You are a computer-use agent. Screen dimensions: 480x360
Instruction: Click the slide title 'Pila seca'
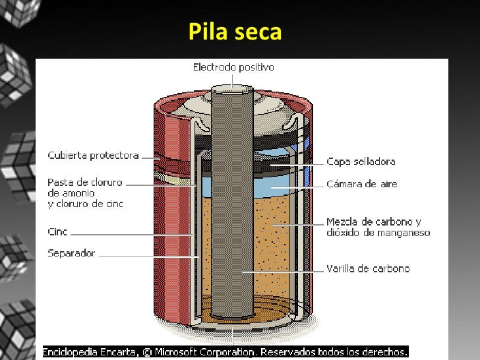[x=235, y=32]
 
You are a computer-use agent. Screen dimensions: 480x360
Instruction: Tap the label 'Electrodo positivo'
[x=233, y=67]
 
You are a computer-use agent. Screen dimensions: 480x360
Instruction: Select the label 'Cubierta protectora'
[x=93, y=156]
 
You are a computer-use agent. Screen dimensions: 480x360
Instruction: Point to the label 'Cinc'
[x=57, y=232]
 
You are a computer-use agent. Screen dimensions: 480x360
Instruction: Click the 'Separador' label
[x=71, y=253]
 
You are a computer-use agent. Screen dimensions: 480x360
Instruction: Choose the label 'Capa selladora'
[x=361, y=162]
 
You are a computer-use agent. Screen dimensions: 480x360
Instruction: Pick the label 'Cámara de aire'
[x=362, y=185]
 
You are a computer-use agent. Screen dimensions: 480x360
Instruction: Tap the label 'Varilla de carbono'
[x=368, y=269]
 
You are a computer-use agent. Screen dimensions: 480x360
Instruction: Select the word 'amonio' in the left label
[x=80, y=193]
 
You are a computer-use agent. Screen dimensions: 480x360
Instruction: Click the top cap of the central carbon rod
[x=232, y=88]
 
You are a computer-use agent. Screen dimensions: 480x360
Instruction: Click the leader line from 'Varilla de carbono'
[x=284, y=270]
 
